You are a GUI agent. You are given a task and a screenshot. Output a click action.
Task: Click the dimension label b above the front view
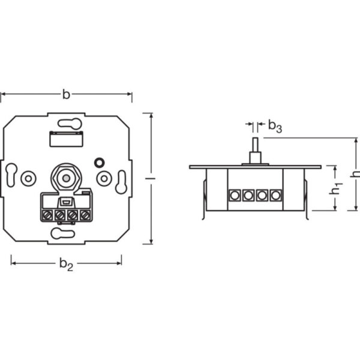point(66,94)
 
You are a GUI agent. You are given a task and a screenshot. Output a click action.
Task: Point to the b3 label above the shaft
point(274,126)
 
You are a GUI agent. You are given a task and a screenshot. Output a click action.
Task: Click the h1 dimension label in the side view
point(337,188)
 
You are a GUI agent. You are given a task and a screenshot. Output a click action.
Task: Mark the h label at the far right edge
point(355,174)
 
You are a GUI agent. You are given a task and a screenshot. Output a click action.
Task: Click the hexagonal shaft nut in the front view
point(66,178)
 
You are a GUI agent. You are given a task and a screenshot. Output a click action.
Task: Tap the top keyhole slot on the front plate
point(70,124)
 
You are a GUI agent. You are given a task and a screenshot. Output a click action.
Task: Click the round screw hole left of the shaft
point(28,178)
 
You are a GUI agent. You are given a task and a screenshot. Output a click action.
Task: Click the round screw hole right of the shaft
point(104,178)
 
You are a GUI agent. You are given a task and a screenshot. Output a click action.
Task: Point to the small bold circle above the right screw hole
point(100,162)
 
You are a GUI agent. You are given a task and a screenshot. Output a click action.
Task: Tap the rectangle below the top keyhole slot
point(66,140)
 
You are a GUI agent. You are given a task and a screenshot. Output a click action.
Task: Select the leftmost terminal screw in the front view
point(47,214)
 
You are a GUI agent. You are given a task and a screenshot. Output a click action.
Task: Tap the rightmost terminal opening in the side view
point(275,195)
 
